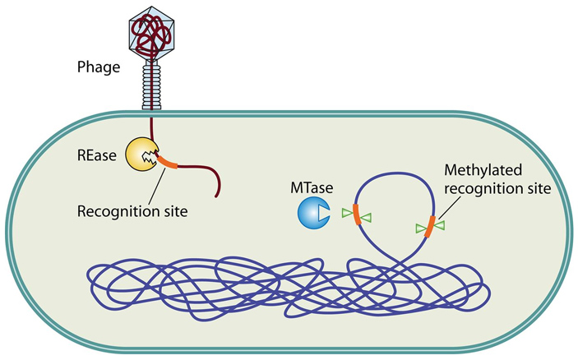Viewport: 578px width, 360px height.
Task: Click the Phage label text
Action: [98, 67]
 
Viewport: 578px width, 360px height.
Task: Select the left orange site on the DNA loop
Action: [356, 214]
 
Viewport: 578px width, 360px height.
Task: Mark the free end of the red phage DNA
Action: [215, 196]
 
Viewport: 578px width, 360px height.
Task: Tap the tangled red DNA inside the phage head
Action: [153, 30]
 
